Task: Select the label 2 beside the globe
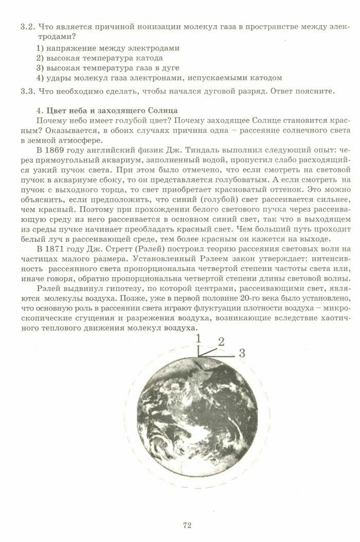[221, 342]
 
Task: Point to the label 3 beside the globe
[242, 353]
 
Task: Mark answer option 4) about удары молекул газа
[159, 78]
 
